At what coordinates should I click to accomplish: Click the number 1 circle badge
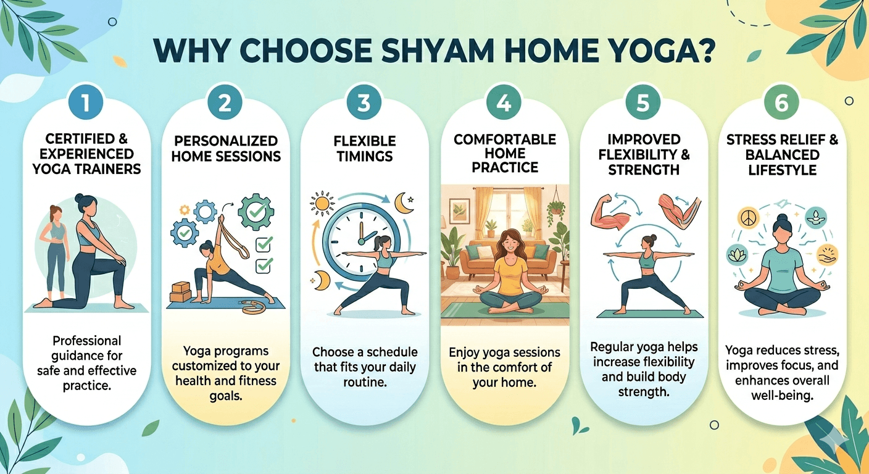[85, 102]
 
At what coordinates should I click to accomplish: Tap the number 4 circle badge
[504, 102]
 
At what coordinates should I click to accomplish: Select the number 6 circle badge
[782, 102]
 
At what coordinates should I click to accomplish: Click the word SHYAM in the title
[437, 51]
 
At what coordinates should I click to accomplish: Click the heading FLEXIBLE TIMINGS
[365, 149]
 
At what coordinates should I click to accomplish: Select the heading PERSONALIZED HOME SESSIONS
[226, 149]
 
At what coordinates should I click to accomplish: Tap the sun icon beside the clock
[322, 203]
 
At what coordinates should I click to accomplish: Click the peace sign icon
[747, 218]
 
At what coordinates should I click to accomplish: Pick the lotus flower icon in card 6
[736, 256]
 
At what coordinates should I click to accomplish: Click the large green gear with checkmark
[256, 212]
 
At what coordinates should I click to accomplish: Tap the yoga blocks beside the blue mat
[181, 292]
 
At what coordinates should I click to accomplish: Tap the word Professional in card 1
[86, 341]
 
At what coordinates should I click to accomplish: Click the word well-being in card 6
[782, 396]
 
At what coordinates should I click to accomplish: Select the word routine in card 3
[365, 382]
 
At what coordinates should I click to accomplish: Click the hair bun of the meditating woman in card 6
[782, 218]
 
